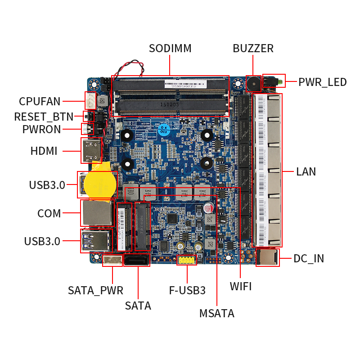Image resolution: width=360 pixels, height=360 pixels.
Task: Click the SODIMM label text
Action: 170,48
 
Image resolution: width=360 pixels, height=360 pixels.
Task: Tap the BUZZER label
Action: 253,48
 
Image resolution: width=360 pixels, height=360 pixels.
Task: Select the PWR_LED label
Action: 323,82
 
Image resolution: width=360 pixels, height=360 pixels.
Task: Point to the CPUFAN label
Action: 40,101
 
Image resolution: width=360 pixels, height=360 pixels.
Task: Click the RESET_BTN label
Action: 43,117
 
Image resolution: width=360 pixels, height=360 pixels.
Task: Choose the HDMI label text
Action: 44,151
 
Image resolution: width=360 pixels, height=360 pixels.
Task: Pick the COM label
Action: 49,213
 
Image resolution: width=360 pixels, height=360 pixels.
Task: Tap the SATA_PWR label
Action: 95,290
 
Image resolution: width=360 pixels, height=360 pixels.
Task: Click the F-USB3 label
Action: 187,290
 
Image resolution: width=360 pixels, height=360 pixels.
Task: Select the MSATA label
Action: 217,314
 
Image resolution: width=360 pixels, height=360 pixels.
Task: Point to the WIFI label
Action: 241,287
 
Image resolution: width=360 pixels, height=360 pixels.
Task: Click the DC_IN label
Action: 309,258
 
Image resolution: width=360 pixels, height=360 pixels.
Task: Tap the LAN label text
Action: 306,171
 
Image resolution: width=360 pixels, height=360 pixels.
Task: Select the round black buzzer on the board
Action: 253,83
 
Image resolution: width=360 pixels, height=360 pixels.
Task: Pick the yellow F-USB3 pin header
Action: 186,260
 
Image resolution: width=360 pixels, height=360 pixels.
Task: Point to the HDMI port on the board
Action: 91,150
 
